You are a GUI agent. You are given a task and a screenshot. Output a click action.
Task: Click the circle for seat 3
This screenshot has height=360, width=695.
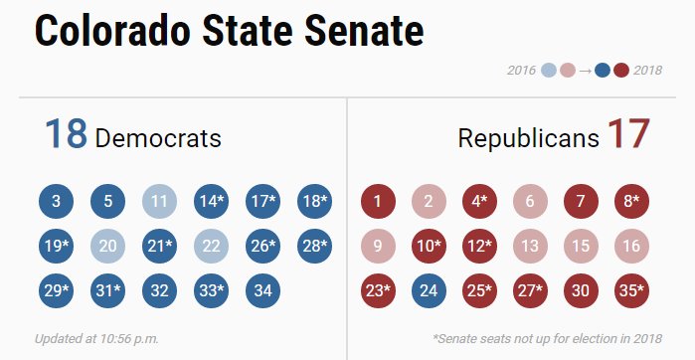(x=56, y=202)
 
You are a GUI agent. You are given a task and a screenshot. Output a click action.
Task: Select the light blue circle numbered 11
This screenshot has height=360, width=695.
(x=159, y=202)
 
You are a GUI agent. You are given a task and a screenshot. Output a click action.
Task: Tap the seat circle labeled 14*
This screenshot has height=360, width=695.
(x=211, y=202)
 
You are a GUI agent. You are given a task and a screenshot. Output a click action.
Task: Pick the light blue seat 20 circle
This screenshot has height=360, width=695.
(x=107, y=246)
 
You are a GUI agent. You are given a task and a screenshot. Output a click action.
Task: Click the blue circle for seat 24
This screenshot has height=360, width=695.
(x=428, y=290)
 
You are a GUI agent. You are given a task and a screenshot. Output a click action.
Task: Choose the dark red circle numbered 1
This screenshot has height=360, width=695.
(x=377, y=202)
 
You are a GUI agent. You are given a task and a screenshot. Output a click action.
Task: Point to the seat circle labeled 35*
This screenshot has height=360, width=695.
(x=632, y=290)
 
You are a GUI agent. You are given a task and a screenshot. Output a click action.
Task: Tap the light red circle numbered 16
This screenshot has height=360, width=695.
(x=632, y=246)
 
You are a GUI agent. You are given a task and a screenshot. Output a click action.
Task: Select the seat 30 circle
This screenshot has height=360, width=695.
(x=582, y=290)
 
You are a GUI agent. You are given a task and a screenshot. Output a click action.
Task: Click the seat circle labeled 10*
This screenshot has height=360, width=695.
(x=428, y=246)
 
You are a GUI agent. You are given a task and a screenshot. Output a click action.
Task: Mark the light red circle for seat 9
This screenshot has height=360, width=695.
(x=377, y=246)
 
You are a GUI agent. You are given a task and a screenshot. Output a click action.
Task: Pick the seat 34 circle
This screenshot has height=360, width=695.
(x=262, y=290)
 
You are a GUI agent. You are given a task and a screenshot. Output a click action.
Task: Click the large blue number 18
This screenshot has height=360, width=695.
(x=65, y=136)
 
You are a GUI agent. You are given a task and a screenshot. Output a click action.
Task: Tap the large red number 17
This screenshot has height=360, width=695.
(x=627, y=136)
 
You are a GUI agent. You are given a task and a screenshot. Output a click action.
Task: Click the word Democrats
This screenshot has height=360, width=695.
(x=158, y=139)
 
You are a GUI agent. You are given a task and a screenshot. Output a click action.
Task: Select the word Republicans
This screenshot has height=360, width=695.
(x=528, y=139)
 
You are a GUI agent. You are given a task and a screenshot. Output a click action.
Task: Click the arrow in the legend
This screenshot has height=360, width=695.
(x=585, y=71)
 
